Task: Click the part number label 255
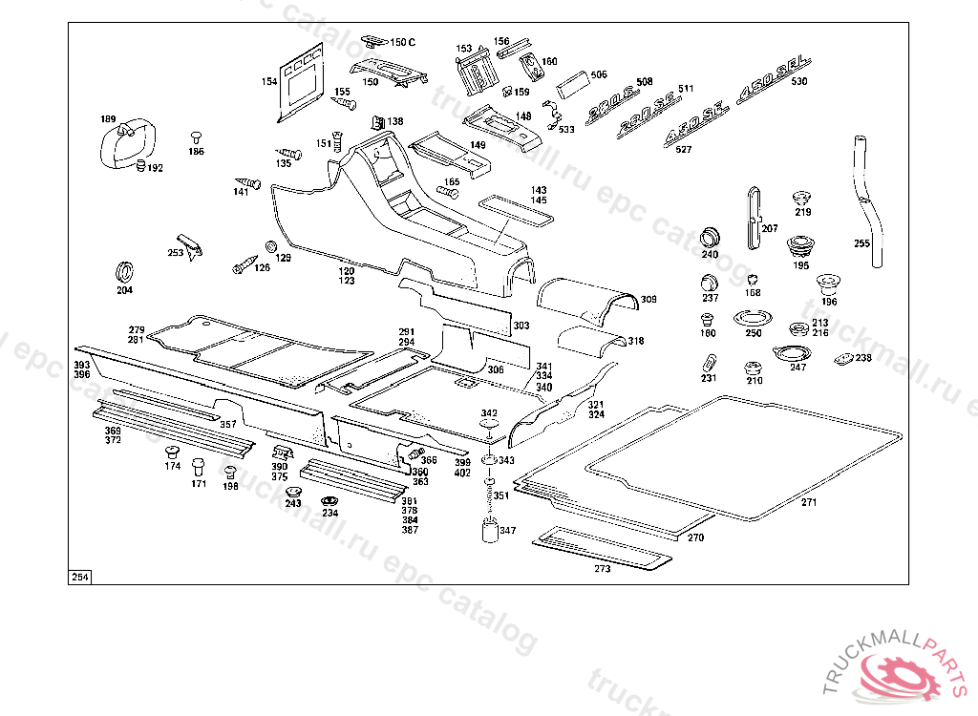(x=861, y=243)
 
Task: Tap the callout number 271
(x=809, y=502)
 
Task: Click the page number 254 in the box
(x=79, y=577)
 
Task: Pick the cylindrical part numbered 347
(x=488, y=529)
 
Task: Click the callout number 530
(x=798, y=82)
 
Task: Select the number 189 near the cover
(x=108, y=119)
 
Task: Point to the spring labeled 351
(x=488, y=495)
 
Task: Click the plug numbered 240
(x=710, y=235)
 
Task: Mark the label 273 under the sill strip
(x=602, y=569)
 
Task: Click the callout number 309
(x=648, y=300)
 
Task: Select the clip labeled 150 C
(x=372, y=42)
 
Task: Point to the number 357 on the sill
(x=228, y=424)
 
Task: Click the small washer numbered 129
(x=271, y=246)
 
